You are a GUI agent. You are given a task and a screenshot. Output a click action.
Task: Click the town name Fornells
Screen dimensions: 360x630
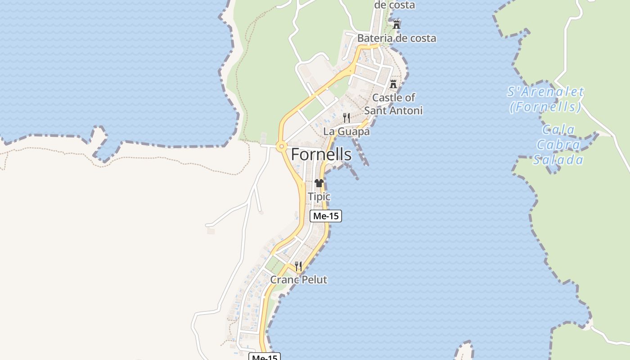point(321,154)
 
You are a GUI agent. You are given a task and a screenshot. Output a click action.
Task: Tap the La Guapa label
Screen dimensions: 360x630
point(346,131)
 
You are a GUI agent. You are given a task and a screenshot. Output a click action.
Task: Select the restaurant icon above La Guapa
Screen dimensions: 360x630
point(346,118)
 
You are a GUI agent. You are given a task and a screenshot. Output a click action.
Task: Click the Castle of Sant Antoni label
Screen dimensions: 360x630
point(393,104)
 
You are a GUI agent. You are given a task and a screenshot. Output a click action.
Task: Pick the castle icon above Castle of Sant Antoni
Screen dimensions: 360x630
point(393,84)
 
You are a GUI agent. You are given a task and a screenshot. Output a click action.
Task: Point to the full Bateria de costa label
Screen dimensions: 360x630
point(396,38)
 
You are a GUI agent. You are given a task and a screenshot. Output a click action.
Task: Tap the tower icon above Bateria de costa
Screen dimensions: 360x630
point(396,24)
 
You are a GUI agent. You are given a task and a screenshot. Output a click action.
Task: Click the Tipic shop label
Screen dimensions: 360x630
point(319,197)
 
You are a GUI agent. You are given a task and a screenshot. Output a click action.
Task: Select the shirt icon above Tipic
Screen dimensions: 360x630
point(319,183)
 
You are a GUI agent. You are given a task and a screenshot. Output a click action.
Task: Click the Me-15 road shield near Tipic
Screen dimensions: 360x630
point(326,216)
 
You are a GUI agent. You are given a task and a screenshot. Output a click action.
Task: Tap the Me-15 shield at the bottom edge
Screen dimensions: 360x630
point(265,357)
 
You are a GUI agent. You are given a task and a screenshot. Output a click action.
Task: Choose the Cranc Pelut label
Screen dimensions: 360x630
point(298,279)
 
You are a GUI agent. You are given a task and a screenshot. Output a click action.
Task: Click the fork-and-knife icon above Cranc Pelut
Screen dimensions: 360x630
point(298,266)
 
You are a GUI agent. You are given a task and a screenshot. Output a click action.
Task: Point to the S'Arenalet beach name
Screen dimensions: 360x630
point(545,92)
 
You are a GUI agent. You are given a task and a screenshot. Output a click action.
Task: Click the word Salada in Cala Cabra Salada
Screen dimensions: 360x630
point(558,160)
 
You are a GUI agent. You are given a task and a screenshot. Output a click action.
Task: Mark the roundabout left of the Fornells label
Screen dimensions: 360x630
point(282,146)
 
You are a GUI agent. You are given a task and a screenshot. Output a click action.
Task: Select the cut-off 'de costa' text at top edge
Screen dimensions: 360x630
point(395,5)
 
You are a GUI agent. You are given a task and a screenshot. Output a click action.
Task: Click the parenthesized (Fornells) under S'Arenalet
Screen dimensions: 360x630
point(545,107)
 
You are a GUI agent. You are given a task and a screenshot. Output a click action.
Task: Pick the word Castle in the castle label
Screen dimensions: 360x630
point(387,97)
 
